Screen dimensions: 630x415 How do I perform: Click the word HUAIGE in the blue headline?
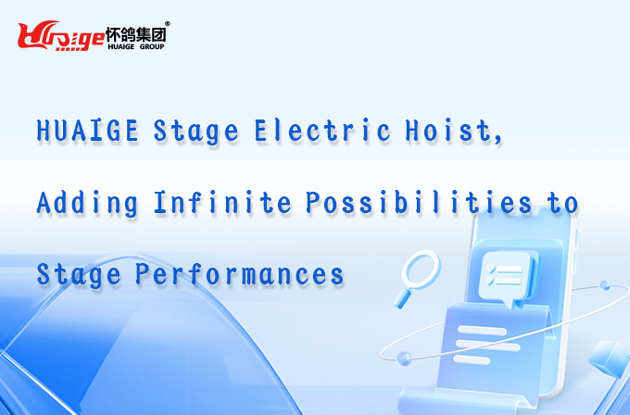pos(88,130)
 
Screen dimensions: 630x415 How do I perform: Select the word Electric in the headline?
pos(322,130)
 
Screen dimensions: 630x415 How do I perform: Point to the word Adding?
pos(87,204)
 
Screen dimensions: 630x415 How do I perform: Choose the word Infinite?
pos(222,202)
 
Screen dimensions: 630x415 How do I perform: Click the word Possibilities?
pos(419,202)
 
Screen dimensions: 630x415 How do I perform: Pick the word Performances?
pos(239,274)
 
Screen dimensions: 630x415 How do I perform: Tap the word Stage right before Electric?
pos(196,132)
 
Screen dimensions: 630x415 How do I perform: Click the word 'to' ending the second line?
pos(562,203)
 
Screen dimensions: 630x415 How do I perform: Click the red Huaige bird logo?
pos(60,35)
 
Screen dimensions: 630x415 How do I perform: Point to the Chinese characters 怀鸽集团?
pos(136,34)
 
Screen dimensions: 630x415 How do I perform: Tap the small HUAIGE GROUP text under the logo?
pos(136,46)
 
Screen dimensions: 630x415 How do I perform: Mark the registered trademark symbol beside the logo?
pos(168,24)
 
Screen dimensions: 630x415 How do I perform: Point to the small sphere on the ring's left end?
pos(404,358)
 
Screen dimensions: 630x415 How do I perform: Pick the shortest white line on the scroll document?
pos(472,359)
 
